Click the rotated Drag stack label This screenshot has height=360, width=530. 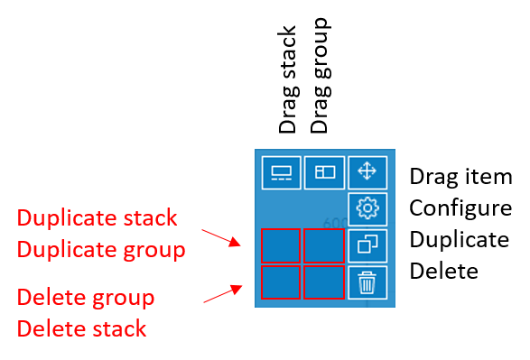[288, 79]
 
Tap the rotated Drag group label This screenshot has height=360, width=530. [321, 76]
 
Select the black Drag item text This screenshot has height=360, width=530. [460, 177]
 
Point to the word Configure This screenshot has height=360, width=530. [460, 208]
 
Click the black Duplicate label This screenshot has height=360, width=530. [460, 239]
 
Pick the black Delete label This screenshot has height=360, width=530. [444, 271]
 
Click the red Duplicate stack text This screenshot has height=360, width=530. [97, 217]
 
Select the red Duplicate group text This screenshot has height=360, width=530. [101, 250]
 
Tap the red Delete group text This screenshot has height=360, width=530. [86, 299]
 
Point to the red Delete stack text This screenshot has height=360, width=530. [81, 328]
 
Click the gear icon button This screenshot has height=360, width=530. [367, 209]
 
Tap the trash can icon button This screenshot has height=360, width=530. [367, 282]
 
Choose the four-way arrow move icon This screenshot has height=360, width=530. [367, 172]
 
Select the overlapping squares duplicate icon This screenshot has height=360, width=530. [367, 245]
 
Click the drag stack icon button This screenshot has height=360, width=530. [281, 172]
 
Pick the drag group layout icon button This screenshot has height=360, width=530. [324, 172]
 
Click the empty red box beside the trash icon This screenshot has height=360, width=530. [324, 282]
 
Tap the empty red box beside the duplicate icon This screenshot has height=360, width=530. [324, 245]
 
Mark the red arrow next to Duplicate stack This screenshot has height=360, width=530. [221, 238]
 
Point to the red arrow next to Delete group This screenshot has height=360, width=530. [223, 294]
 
